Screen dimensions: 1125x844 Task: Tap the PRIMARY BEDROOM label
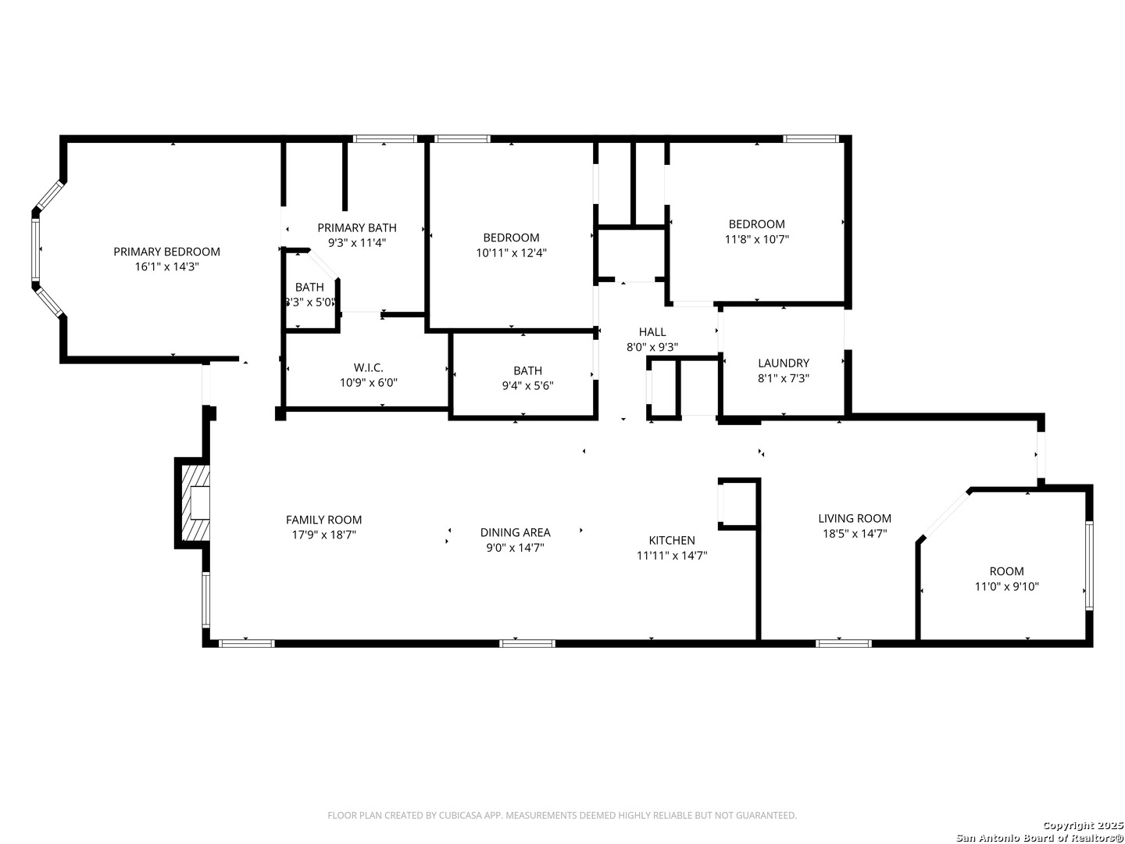tap(166, 252)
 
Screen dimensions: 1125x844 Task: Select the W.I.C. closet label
tap(368, 367)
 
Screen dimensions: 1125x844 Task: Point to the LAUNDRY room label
tap(783, 363)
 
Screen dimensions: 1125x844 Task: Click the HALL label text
tap(652, 332)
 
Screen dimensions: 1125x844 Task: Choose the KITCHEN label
tap(671, 540)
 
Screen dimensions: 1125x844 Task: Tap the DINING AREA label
tap(515, 532)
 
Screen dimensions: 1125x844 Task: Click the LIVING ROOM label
tap(855, 518)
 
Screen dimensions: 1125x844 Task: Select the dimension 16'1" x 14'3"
tap(166, 266)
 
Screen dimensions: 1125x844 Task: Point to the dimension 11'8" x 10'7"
tap(756, 239)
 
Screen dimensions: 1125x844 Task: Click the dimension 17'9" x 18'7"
tap(324, 535)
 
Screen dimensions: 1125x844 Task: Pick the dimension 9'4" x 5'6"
tap(527, 385)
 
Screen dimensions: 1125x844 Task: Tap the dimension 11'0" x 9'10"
tap(1006, 586)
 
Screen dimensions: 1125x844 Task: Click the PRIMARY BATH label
tap(357, 227)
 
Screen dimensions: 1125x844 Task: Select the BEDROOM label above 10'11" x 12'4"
tap(511, 238)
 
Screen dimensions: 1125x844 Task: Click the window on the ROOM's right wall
tap(1089, 565)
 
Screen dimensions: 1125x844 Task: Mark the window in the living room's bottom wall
tap(844, 644)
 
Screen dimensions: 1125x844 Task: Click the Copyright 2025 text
tap(1082, 825)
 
